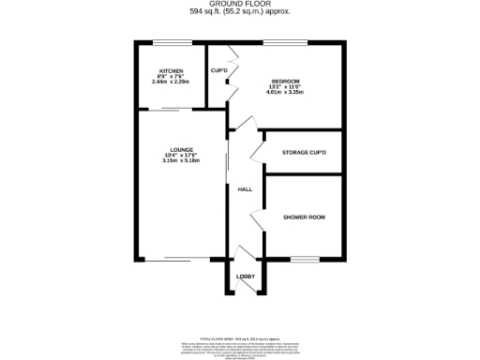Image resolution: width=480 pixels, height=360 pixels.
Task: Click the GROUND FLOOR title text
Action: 240,5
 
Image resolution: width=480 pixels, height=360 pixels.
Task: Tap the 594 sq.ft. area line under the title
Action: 240,12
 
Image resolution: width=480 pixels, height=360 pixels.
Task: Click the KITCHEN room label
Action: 171,71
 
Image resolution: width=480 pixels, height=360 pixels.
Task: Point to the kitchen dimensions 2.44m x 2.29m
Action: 171,82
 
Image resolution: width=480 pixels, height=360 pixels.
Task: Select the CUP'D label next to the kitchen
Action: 219,71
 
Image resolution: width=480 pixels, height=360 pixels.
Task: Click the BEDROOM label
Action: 286,82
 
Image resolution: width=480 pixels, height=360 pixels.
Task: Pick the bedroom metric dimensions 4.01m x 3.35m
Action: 286,92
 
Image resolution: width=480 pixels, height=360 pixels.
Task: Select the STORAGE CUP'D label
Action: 304,152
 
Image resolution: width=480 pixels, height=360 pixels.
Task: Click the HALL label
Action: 245,189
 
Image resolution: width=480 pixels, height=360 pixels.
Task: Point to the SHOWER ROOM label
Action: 304,217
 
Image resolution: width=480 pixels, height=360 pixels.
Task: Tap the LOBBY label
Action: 246,277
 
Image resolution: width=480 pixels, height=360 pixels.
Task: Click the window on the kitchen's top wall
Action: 172,42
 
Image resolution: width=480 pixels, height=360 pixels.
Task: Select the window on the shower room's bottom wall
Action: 304,259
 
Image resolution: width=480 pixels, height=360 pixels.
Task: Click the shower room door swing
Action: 256,219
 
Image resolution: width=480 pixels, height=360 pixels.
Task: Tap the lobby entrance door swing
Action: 246,256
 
